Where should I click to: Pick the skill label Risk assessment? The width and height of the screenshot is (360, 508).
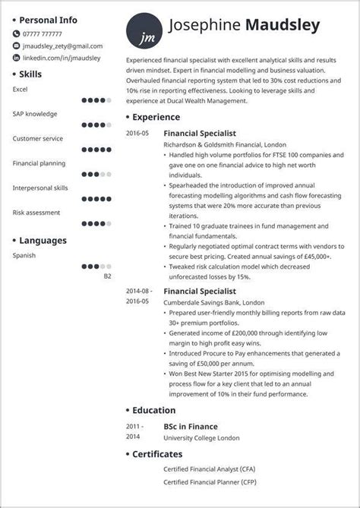[x=36, y=213]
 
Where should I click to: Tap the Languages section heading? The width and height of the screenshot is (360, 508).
[x=43, y=241]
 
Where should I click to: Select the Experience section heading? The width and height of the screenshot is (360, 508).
[x=156, y=118]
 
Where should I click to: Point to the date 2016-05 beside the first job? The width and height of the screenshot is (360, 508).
[x=138, y=132]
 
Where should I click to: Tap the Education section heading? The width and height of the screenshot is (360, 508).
[x=154, y=410]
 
